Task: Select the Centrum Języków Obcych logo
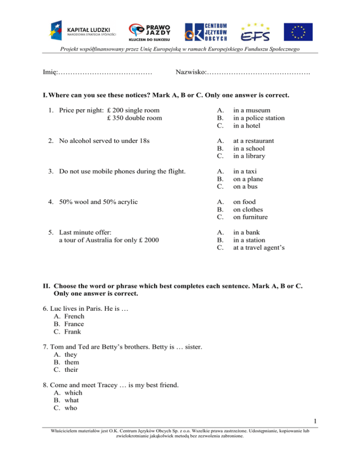click(x=207, y=31)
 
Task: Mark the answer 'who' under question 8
click(x=71, y=408)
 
